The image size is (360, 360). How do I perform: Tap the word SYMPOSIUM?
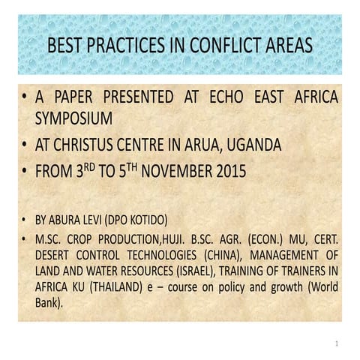coord(73,118)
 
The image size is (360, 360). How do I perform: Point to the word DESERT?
coord(53,253)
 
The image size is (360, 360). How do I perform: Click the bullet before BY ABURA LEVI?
coord(25,220)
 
